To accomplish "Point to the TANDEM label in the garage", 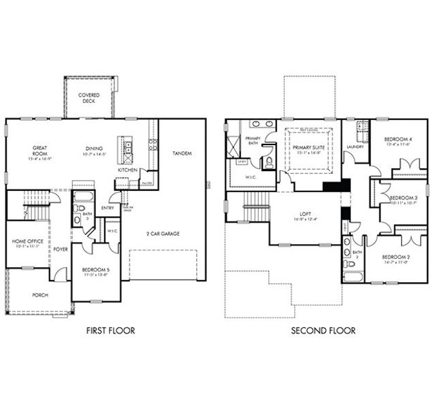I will pyautogui.click(x=182, y=152).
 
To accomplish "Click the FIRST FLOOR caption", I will pyautogui.click(x=110, y=331).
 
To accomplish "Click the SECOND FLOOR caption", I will pyautogui.click(x=323, y=331).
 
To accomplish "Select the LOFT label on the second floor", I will pyautogui.click(x=299, y=217).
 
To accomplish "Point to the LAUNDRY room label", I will pyautogui.click(x=355, y=147).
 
